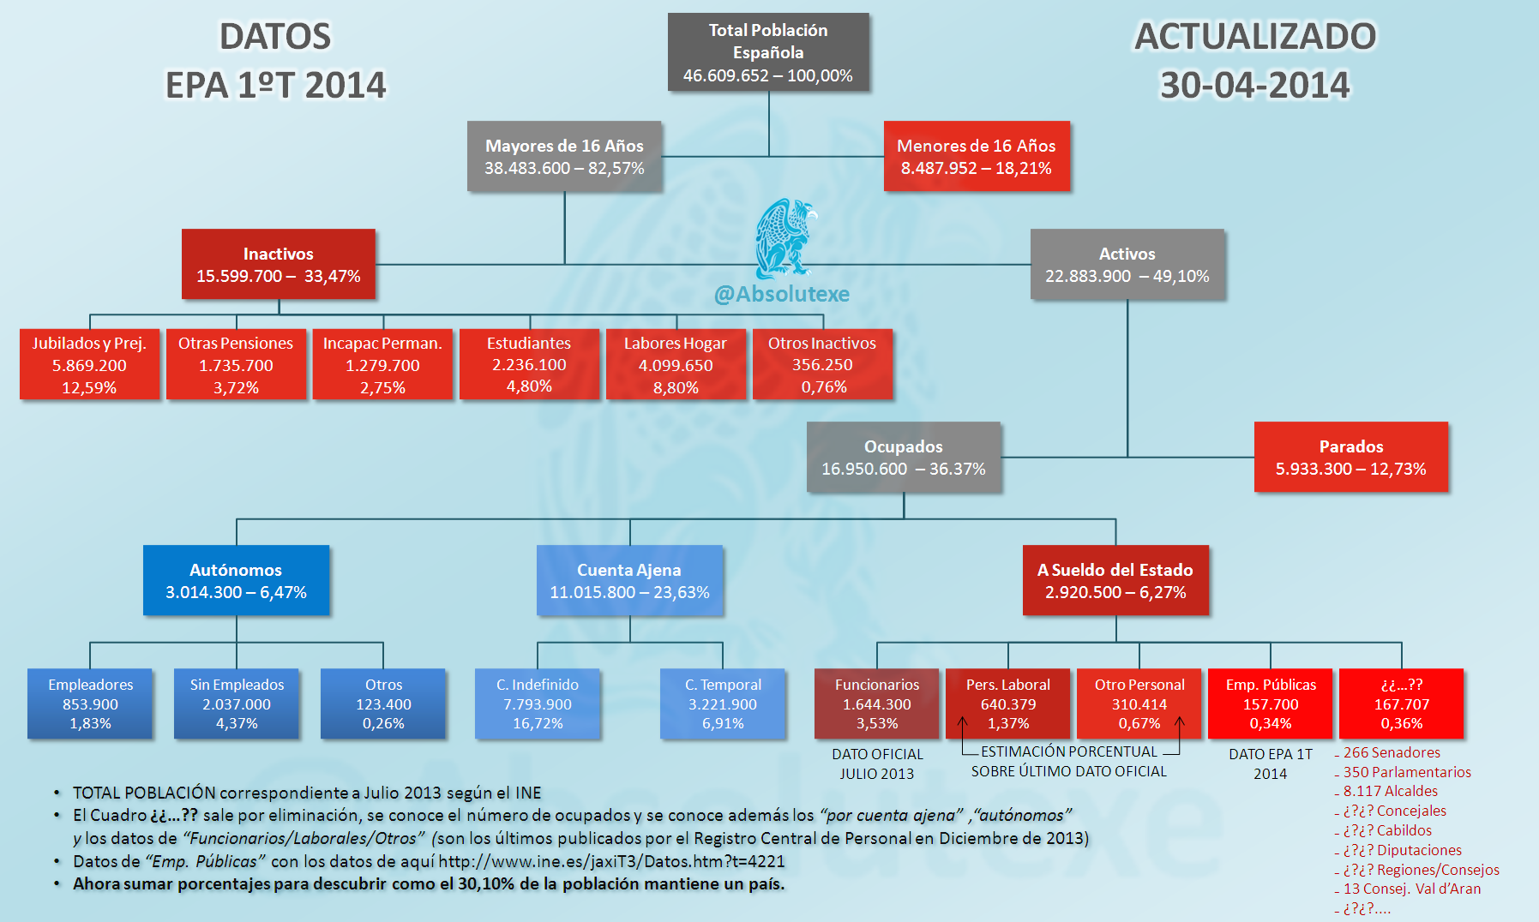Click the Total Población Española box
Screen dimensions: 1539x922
click(x=768, y=52)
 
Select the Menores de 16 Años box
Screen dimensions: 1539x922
click(x=977, y=156)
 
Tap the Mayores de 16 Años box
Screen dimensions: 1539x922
click(x=564, y=156)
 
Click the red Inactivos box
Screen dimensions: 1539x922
click(x=279, y=264)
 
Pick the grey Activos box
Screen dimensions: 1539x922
click(x=1127, y=264)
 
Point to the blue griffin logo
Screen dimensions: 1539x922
click(x=784, y=238)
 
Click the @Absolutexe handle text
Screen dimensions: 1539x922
click(x=782, y=294)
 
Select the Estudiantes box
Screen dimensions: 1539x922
click(x=529, y=364)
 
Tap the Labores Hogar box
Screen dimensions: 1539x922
click(x=676, y=364)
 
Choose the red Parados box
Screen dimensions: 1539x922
click(x=1351, y=457)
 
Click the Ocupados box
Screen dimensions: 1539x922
click(x=904, y=457)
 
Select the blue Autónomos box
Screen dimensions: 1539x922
click(x=236, y=580)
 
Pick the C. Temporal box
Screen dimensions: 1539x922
click(x=723, y=703)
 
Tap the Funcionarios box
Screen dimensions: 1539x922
click(x=877, y=703)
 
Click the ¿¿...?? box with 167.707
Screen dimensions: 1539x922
click(x=1402, y=703)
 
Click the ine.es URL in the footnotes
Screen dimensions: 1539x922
click(x=611, y=861)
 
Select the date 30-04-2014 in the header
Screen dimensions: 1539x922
click(x=1255, y=85)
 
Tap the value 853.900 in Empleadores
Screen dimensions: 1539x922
click(x=90, y=704)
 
